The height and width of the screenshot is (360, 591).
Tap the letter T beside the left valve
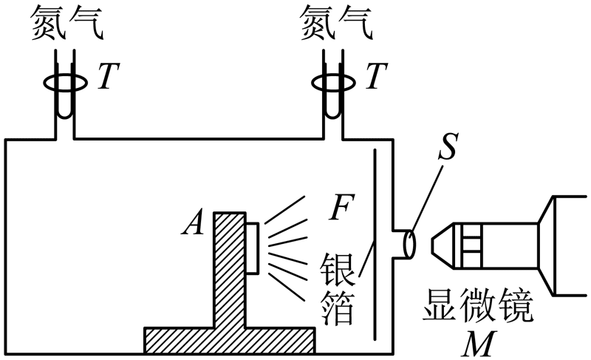pos(108,77)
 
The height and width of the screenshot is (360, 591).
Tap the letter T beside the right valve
pos(378,77)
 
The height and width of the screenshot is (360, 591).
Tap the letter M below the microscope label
pos(476,343)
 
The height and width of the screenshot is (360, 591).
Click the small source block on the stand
pos(252,248)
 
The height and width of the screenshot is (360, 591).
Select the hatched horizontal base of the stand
pos(229,341)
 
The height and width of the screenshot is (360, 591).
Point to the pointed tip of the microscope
pos(437,245)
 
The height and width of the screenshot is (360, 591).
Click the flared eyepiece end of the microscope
pos(565,245)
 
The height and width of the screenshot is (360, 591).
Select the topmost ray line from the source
pos(285,208)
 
